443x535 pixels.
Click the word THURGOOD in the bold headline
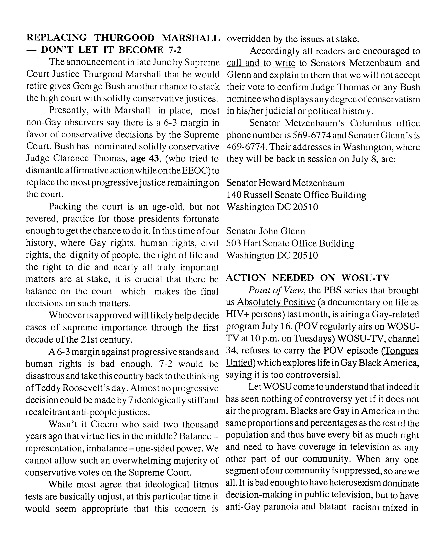coord(124,38)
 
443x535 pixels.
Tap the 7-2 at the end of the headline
coord(175,50)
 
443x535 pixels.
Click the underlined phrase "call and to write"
coord(261,63)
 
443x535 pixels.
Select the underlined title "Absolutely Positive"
coord(276,302)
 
